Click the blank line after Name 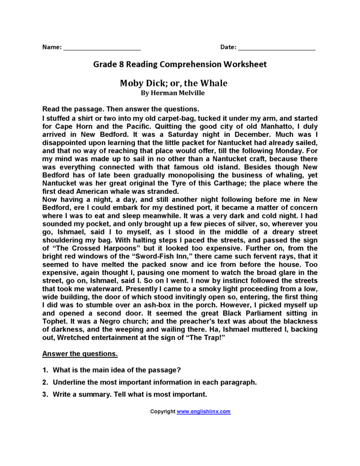pos(102,49)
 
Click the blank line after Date pos(276,49)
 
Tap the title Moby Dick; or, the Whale pos(173,83)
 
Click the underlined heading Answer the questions pos(80,354)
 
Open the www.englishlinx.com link pos(204,412)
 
